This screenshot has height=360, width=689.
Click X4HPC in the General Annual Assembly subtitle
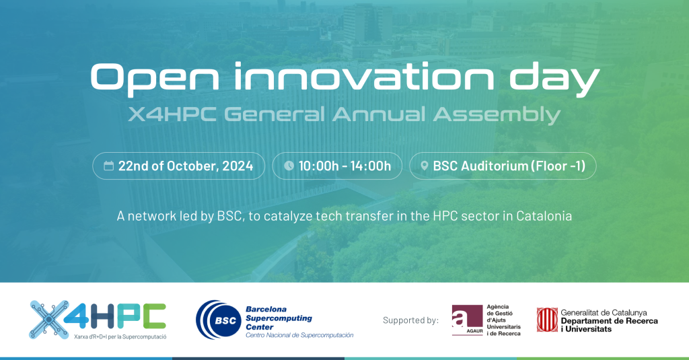170,114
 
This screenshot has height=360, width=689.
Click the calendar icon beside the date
108,166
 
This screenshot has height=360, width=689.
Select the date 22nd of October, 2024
186,166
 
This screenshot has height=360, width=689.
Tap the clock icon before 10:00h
289,166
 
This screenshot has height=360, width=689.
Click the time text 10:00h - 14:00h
344,166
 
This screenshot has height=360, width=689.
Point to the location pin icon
425,166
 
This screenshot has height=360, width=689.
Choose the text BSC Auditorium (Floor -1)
509,166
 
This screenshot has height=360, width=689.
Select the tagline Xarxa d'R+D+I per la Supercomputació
120,335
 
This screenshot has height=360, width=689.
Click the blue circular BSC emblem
216,320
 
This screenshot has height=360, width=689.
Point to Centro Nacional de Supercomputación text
299,335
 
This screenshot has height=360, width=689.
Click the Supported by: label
410,320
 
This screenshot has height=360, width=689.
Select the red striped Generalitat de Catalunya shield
546,320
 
